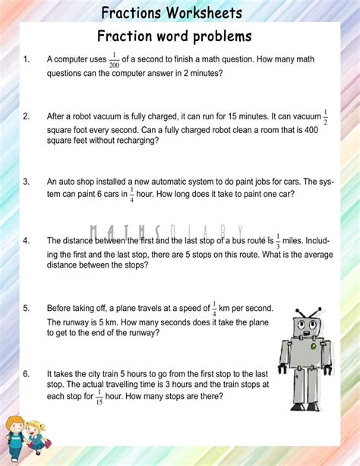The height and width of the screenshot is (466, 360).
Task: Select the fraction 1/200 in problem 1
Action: pos(114,59)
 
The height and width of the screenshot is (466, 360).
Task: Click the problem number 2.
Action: pos(27,116)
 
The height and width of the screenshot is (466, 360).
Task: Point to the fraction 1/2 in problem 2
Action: pos(326,117)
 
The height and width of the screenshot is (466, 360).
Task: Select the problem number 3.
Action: pos(27,182)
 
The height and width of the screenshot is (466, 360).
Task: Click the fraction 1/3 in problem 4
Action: pos(279,240)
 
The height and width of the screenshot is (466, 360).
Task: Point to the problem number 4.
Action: pos(27,241)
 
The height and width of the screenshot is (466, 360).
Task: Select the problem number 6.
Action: pos(27,373)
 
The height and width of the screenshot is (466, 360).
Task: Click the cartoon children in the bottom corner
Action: pos(24,436)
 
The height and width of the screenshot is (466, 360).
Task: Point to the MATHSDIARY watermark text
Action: pos(166,231)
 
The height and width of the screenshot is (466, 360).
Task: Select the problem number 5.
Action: pos(27,308)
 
